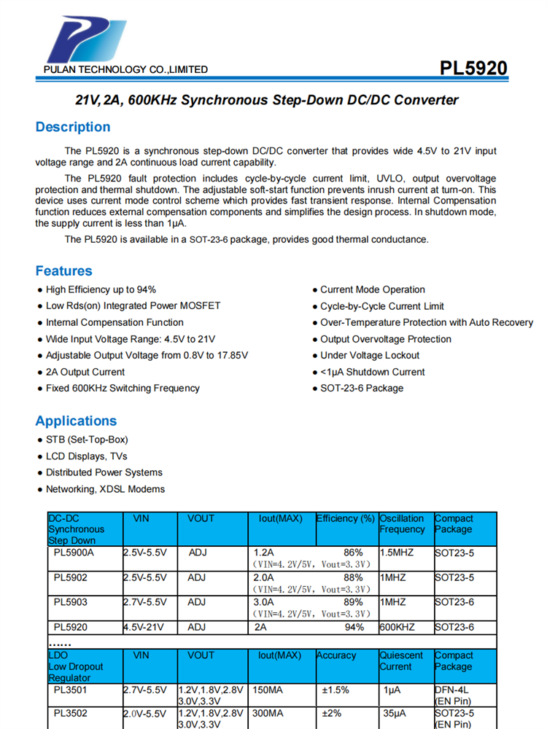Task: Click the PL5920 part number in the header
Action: point(473,69)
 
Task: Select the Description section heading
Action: point(73,127)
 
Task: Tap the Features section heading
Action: point(63,271)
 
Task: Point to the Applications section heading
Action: point(76,421)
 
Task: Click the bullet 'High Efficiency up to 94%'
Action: point(101,289)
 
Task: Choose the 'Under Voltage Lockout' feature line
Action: point(370,356)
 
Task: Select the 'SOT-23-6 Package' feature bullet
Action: point(362,389)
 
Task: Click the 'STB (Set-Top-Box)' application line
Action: point(87,440)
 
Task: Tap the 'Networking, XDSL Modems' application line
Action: point(105,489)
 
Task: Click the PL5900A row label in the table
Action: point(74,553)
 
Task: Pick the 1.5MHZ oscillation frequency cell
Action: point(397,553)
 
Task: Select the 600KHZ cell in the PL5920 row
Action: point(397,627)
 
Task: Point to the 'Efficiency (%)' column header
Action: point(346,519)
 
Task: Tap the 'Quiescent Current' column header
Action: point(401,661)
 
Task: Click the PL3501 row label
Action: point(70,690)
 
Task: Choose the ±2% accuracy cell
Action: point(335,714)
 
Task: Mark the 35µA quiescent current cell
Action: point(395,714)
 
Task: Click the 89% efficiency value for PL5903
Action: point(353,602)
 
